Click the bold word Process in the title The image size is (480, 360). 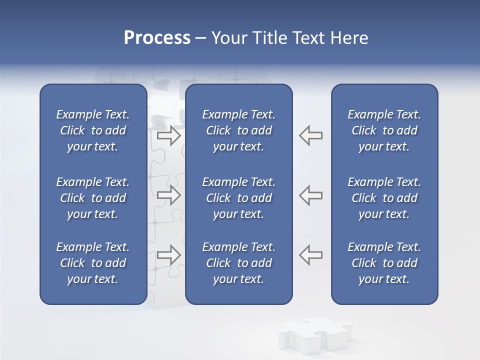157,38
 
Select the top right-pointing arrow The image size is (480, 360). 169,135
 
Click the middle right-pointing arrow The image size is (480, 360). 169,194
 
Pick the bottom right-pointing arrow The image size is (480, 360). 169,254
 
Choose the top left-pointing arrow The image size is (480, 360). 311,135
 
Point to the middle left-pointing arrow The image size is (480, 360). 311,194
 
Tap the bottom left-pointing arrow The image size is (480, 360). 311,254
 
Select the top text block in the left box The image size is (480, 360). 93,130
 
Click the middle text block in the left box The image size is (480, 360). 93,198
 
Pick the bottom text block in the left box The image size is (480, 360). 93,263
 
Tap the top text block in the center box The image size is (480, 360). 238,130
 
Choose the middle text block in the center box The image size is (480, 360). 238,198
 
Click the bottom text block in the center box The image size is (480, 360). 238,263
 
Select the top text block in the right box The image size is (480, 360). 384,130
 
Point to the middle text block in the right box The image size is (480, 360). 384,198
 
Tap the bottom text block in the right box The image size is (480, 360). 384,263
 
